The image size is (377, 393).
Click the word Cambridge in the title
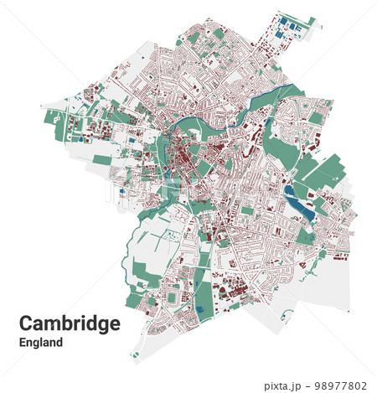(70, 323)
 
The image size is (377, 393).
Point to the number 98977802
(342, 385)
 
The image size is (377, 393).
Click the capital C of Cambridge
(25, 323)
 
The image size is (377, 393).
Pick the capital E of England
(22, 342)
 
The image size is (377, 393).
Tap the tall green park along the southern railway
(204, 293)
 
